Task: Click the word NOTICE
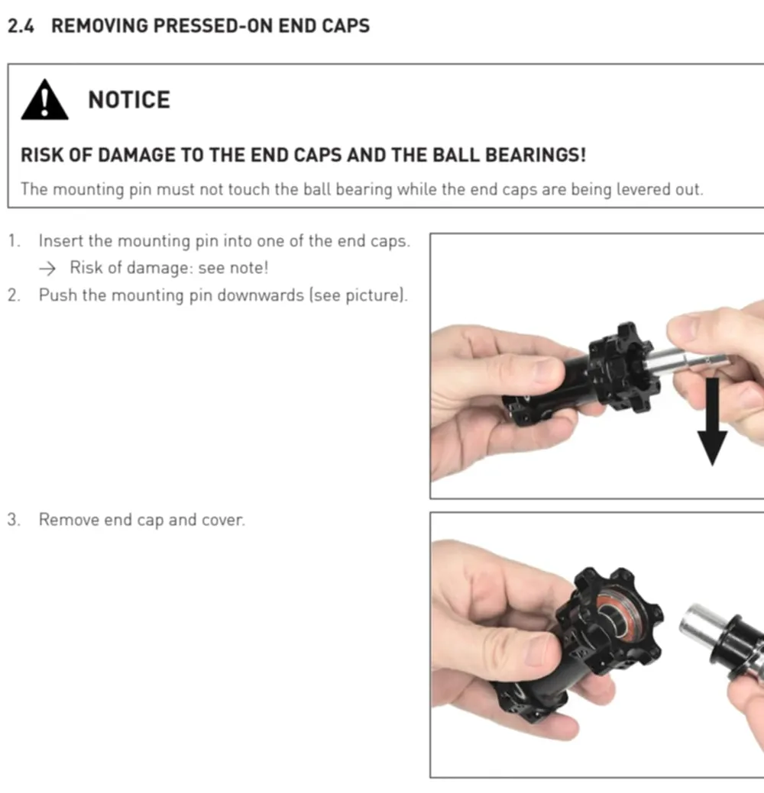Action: [129, 100]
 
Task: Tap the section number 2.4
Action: [21, 26]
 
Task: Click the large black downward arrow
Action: [712, 421]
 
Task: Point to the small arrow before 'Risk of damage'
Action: [47, 269]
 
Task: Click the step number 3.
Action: [14, 520]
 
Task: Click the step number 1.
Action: [14, 240]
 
